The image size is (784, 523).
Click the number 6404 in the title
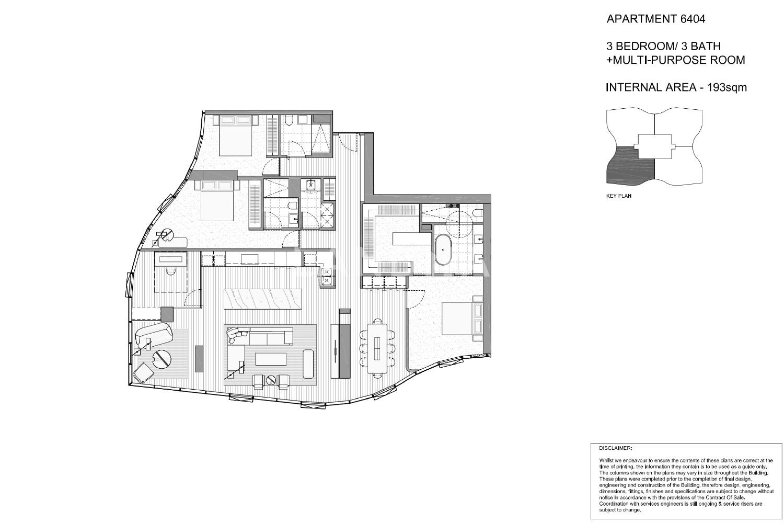coord(693,18)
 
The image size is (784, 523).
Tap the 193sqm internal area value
coord(727,87)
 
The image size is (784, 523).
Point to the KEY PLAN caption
coord(619,196)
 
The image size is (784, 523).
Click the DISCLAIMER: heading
coord(616,448)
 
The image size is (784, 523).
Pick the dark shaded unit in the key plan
coord(630,165)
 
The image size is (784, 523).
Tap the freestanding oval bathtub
coord(443,249)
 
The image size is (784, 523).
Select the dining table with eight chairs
coord(377,348)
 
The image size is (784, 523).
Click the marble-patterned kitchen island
coord(262,299)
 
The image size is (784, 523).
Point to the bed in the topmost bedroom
coord(236,135)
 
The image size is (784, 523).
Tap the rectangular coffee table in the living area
coord(271,359)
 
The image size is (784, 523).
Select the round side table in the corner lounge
coord(162,358)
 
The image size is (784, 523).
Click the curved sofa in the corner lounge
coord(153,334)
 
